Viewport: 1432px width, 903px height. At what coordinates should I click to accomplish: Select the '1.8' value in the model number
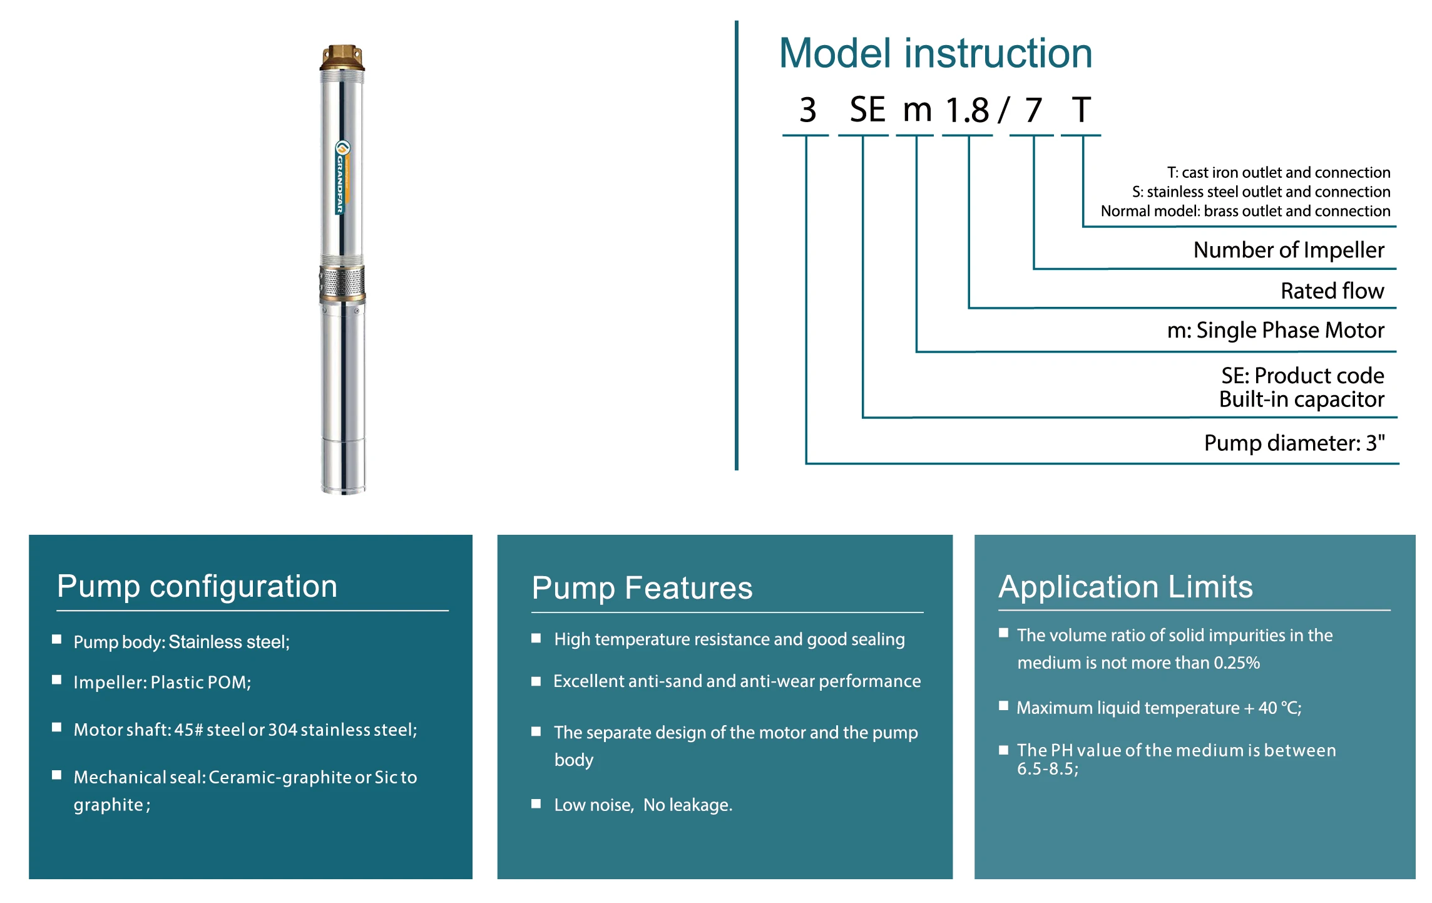[968, 110]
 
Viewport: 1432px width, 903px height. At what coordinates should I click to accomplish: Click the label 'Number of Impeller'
[1289, 250]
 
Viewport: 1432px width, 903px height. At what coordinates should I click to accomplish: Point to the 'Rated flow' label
[1332, 291]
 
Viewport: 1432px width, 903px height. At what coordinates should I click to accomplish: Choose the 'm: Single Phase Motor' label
[1276, 330]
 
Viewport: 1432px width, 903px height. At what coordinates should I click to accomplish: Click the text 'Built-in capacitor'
[1302, 400]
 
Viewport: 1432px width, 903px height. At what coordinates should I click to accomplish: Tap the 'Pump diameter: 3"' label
[1294, 443]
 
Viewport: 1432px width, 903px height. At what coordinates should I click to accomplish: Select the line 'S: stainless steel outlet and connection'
[1261, 192]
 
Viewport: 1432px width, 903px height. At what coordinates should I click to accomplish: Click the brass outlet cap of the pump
[342, 57]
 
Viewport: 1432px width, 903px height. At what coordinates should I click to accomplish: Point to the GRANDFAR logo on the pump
[342, 178]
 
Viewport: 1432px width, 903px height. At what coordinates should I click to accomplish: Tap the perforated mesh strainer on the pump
[342, 281]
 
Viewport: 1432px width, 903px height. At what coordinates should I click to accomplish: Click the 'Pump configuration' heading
[197, 587]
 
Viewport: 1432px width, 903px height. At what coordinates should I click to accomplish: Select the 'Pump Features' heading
[642, 588]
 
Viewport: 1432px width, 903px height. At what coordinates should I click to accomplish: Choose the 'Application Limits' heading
[1126, 587]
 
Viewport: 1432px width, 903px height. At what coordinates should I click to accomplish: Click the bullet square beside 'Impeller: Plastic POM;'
[57, 680]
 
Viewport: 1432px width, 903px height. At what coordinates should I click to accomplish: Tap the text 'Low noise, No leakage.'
[643, 805]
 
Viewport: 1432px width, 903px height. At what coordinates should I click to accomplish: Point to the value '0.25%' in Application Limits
[1237, 663]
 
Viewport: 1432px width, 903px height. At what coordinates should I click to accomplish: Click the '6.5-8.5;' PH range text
[1048, 769]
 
